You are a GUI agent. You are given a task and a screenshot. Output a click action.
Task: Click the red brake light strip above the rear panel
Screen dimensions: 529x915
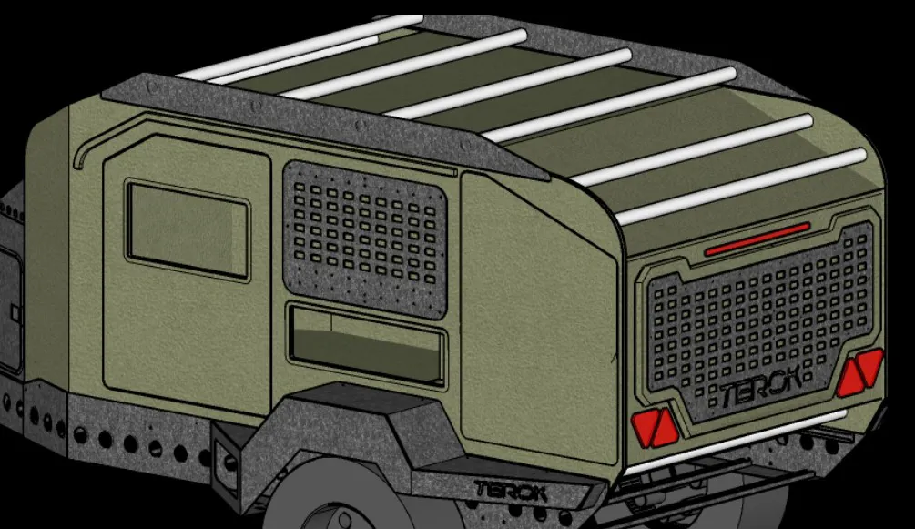pos(757,237)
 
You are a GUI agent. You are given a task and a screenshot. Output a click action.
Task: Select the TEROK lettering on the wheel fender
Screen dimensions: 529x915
pos(510,492)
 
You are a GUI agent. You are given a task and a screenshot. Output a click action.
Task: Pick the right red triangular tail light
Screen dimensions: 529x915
pos(859,373)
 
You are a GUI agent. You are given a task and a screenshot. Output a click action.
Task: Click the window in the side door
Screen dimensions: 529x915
pos(187,229)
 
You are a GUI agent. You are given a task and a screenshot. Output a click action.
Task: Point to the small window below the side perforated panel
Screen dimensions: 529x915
pos(366,344)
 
